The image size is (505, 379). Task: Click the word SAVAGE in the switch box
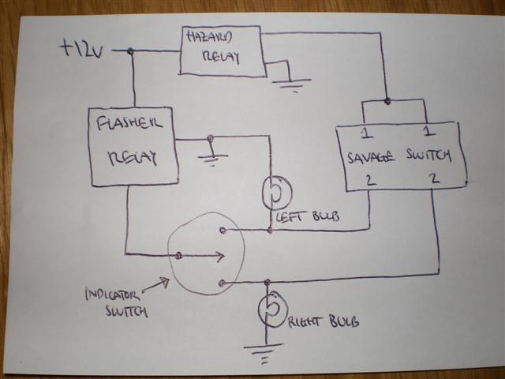[x=371, y=156]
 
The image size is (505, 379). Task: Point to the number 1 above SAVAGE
[x=366, y=131]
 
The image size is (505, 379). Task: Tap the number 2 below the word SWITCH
[x=433, y=180]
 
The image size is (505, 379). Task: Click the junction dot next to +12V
[x=130, y=51]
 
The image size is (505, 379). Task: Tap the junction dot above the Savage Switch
[x=387, y=100]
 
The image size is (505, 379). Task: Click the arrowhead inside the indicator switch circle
[x=219, y=256]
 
